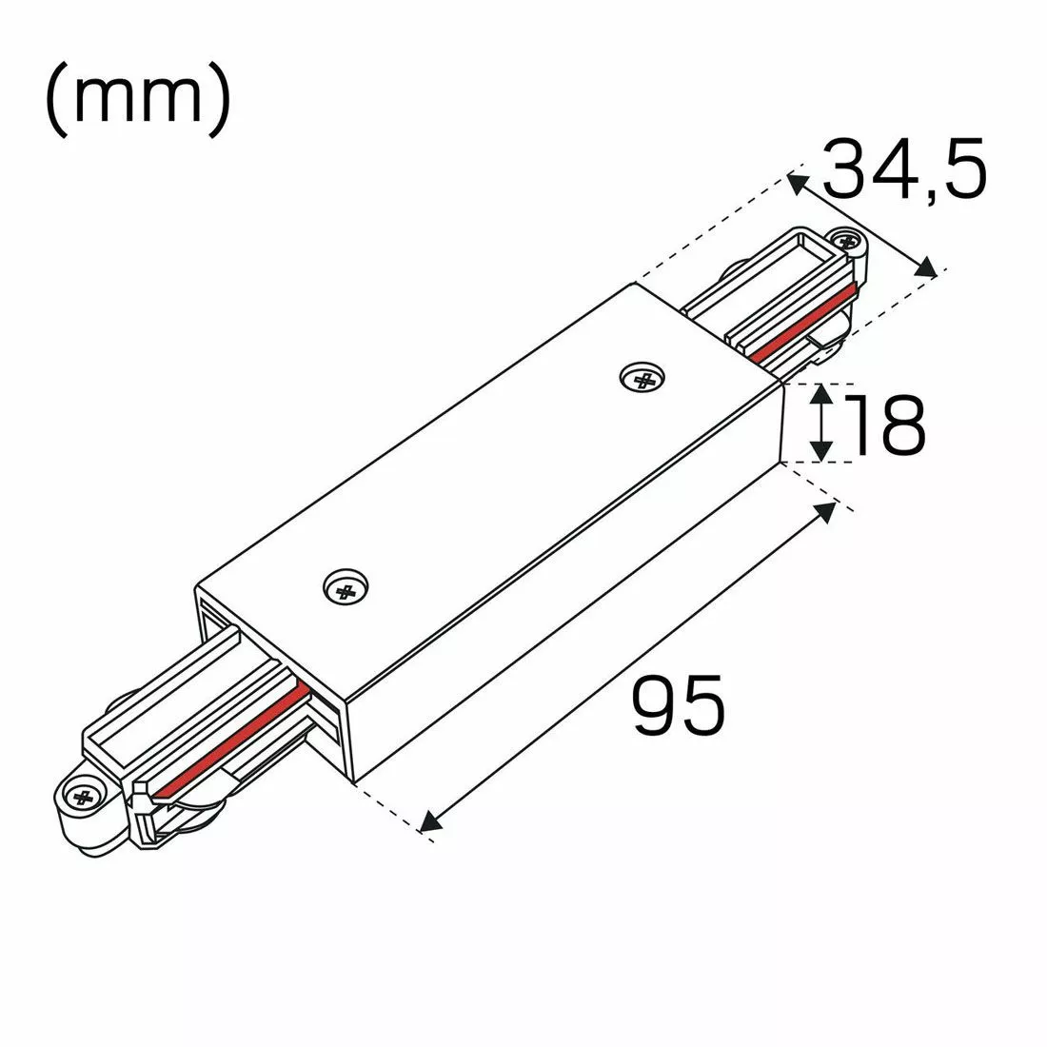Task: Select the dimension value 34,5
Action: tap(903, 169)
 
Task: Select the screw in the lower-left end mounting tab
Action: tap(80, 796)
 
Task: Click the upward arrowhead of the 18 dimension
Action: tap(821, 392)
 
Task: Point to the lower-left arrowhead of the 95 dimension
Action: tap(429, 820)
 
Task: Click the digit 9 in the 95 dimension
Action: tap(657, 706)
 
